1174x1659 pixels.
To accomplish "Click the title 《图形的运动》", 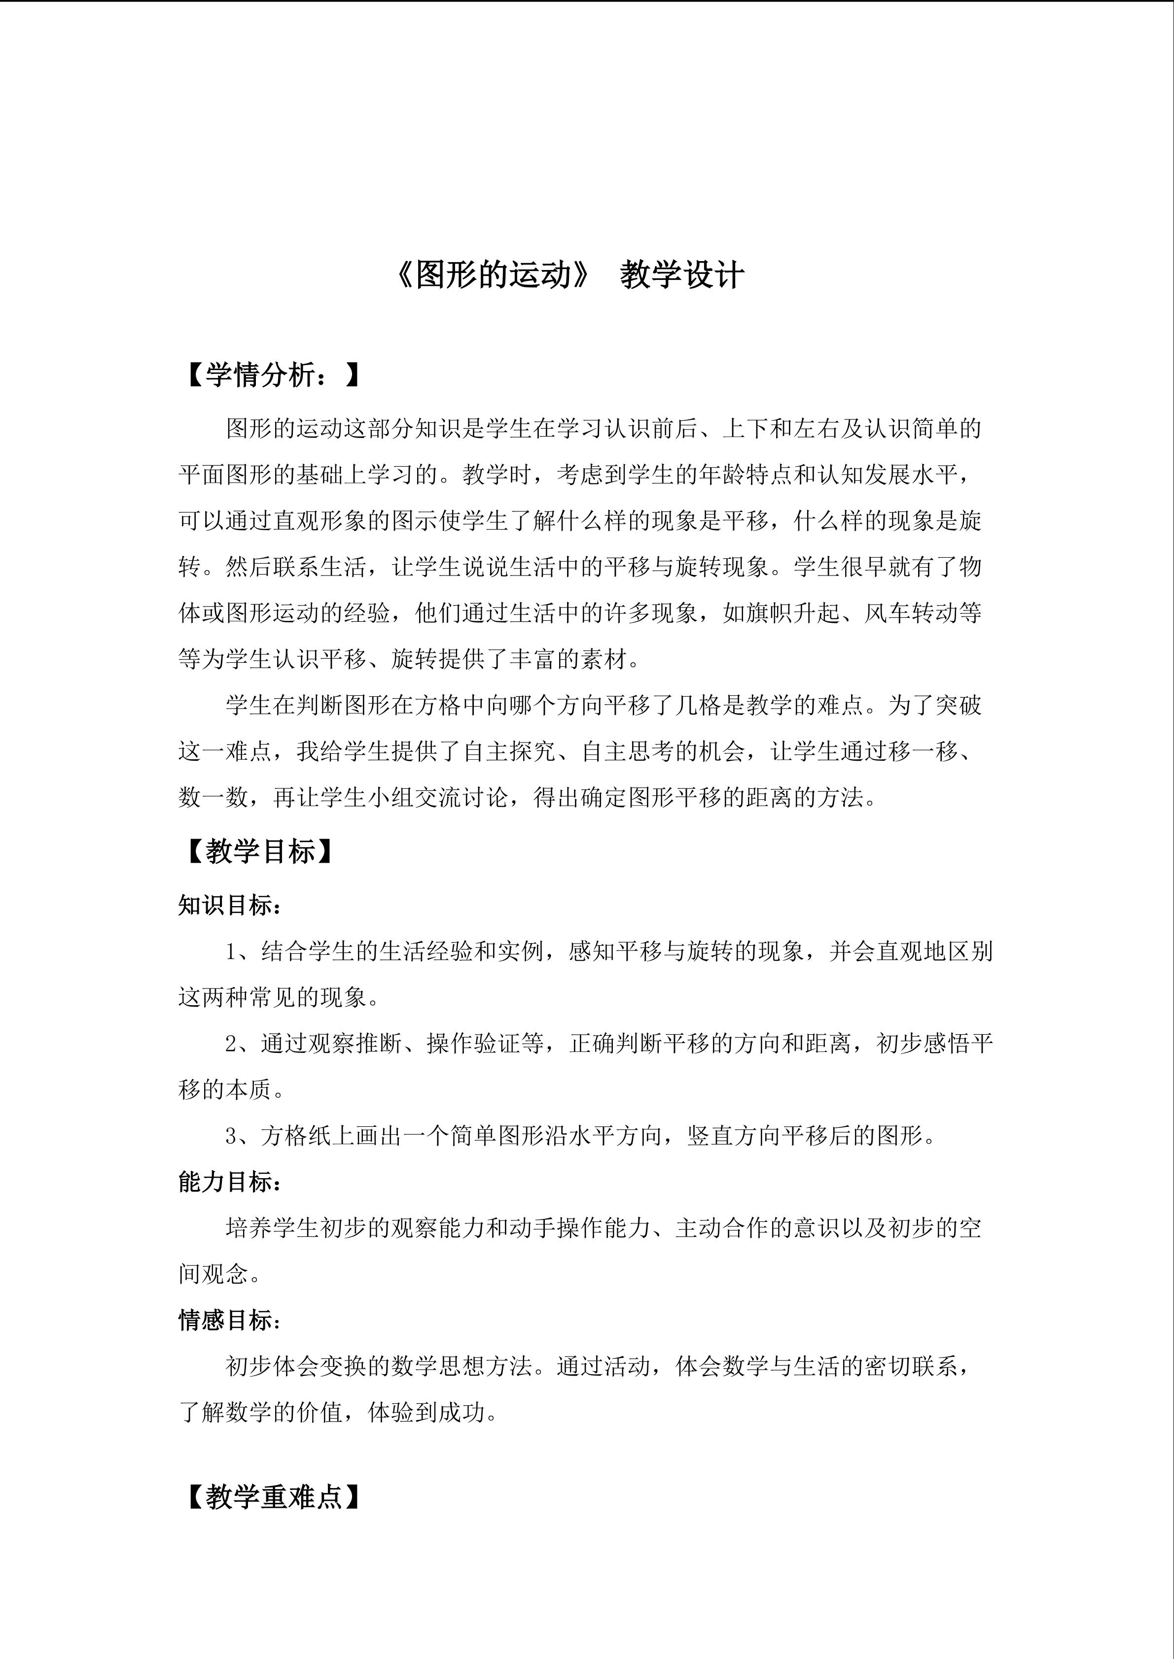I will click(493, 275).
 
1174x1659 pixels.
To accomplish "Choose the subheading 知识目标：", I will click(230, 905).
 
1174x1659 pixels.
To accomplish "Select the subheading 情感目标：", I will click(230, 1321).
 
